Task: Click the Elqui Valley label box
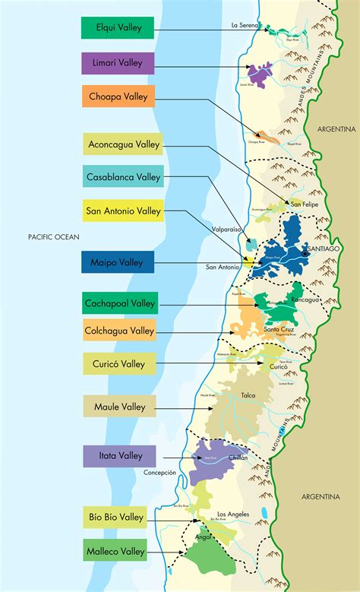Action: point(117,28)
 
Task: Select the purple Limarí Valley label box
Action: point(117,63)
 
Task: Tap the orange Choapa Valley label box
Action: point(117,97)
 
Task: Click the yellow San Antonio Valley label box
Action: point(123,211)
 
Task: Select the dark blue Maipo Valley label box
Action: point(117,261)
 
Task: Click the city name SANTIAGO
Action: point(321,249)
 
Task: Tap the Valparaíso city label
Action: point(226,227)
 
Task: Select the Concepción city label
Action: point(159,472)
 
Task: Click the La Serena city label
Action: point(245,25)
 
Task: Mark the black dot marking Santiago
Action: point(305,254)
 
